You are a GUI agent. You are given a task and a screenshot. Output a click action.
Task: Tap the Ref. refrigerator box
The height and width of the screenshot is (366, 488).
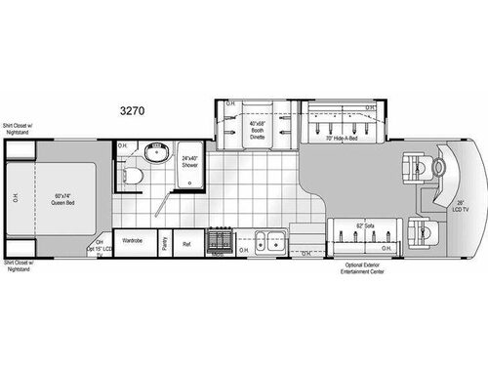pos(186,244)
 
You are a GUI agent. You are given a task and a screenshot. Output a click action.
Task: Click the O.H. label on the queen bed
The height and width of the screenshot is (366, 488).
pos(15,199)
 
